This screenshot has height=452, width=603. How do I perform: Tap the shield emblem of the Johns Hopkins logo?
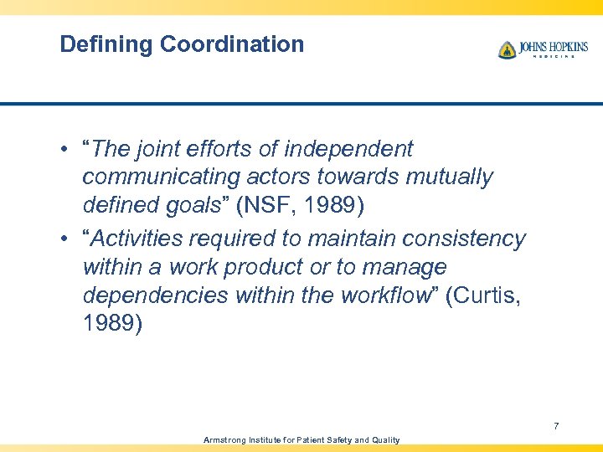(x=507, y=50)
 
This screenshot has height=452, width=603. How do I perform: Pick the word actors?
(x=280, y=177)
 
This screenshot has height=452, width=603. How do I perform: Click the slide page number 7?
(x=556, y=427)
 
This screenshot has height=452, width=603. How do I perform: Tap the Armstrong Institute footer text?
(x=301, y=439)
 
